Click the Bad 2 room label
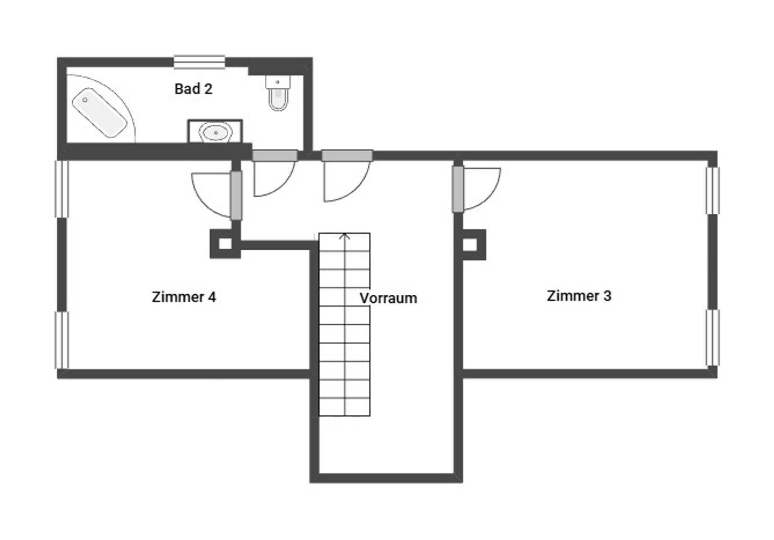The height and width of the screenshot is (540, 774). tap(193, 89)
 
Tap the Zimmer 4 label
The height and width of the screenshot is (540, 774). tap(184, 297)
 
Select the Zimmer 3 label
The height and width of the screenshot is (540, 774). tap(579, 296)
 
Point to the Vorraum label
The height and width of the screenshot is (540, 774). tap(388, 298)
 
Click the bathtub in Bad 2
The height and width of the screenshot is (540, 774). tap(100, 113)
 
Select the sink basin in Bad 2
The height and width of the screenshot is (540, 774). tap(216, 132)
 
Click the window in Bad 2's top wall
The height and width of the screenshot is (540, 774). tap(199, 62)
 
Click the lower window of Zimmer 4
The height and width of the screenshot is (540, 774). tap(62, 340)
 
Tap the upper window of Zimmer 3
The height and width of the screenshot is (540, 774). tap(712, 190)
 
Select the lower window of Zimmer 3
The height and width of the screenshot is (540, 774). tap(712, 337)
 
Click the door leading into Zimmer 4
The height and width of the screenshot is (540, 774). tap(236, 195)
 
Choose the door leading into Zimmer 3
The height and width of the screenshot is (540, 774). tap(458, 189)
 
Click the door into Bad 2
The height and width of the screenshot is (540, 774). tap(275, 156)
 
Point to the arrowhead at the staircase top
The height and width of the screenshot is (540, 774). tap(345, 236)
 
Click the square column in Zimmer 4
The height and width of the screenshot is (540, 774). tap(225, 244)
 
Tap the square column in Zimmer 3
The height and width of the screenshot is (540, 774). tap(470, 245)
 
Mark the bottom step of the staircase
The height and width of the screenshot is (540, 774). tap(344, 407)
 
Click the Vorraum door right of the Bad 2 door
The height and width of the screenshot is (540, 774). tap(347, 156)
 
